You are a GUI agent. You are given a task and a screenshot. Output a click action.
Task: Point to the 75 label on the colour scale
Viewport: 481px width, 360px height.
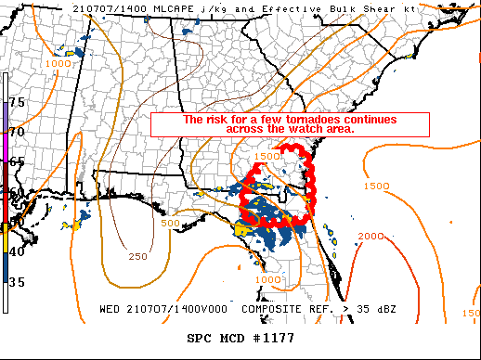click(17, 101)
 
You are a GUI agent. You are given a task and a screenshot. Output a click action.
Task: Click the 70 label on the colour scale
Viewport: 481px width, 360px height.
click(17, 132)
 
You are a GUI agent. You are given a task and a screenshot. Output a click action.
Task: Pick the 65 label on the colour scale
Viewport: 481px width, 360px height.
click(17, 161)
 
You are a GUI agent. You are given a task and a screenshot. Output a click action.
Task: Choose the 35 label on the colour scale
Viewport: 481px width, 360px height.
click(17, 282)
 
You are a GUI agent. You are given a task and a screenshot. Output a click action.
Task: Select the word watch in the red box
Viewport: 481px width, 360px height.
click(305, 129)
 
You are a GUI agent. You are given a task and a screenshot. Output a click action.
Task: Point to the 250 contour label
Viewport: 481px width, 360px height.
click(137, 256)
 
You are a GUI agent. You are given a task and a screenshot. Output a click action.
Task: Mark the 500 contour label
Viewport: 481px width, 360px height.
click(170, 224)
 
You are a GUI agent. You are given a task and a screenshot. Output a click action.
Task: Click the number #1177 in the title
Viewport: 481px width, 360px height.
click(273, 339)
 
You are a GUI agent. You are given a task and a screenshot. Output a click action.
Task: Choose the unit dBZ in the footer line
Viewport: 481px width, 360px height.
click(379, 309)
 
